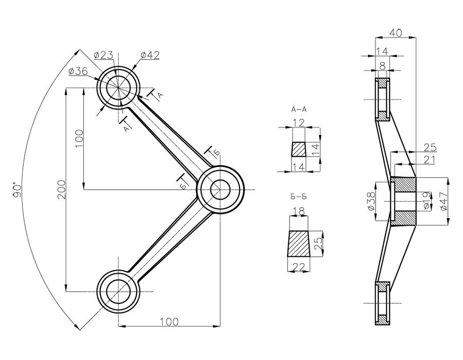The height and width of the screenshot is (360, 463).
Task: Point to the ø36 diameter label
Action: (x=77, y=72)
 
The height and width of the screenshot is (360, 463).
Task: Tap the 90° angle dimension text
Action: (x=17, y=189)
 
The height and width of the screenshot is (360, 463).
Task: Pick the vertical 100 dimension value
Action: (x=78, y=139)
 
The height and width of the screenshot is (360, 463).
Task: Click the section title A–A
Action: (x=298, y=110)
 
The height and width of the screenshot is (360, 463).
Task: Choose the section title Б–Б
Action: (x=298, y=196)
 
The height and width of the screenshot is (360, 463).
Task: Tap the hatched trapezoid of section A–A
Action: (x=298, y=150)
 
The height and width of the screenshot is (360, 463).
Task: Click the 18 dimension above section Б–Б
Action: (x=298, y=211)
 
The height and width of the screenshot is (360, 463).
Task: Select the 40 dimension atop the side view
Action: (x=395, y=32)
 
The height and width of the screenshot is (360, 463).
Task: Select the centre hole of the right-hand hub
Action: (x=220, y=190)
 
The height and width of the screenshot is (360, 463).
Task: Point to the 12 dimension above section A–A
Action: (x=299, y=122)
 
